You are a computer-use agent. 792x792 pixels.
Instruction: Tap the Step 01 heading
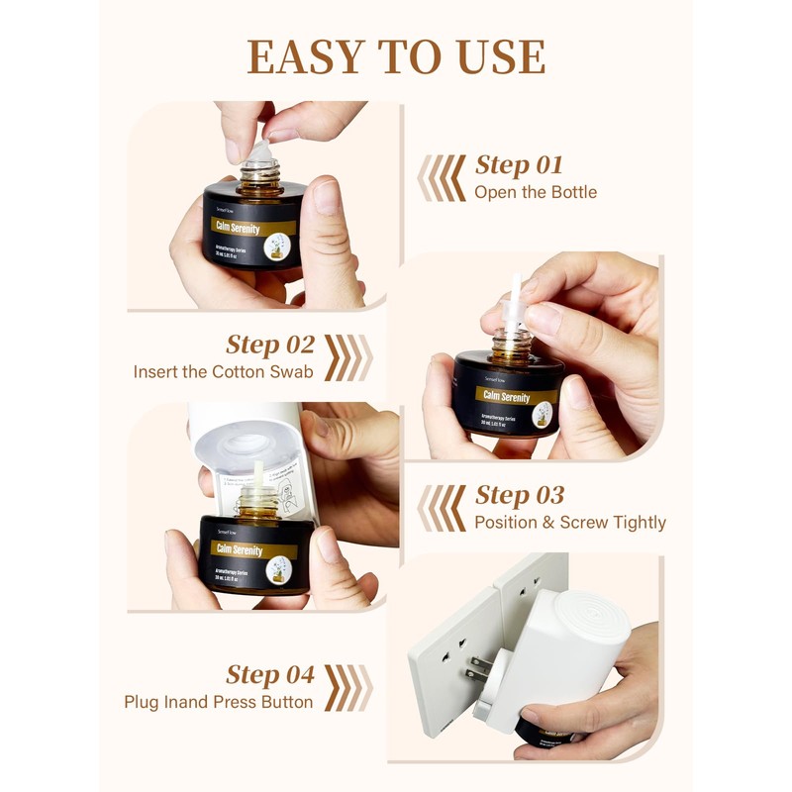tap(520, 164)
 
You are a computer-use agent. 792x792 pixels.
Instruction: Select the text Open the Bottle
tap(536, 192)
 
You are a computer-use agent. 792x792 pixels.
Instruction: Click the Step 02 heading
tap(270, 345)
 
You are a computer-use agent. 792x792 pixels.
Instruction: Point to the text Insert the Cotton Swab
tap(224, 372)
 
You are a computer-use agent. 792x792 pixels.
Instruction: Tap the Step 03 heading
tap(520, 495)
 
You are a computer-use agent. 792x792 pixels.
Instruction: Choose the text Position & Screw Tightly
tap(570, 523)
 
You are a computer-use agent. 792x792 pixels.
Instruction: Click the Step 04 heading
tap(270, 675)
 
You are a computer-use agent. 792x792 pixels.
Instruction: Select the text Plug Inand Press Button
tap(219, 702)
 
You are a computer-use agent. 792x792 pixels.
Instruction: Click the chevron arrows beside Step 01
tap(442, 177)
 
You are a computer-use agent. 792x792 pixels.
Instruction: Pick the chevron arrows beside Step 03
tap(442, 508)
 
